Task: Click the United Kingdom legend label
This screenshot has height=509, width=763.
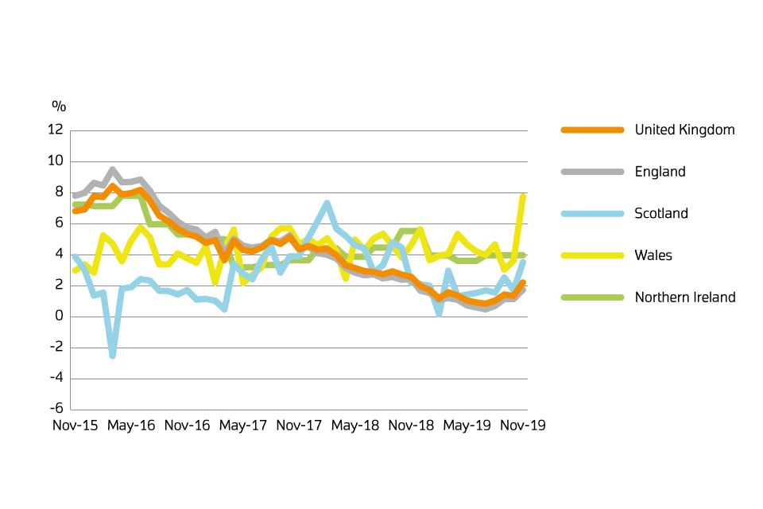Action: [684, 130]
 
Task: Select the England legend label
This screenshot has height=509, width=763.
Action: [660, 172]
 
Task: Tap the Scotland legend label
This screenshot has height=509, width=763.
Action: [661, 214]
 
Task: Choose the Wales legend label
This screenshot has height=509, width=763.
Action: [653, 255]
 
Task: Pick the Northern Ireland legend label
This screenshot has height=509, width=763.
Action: [685, 297]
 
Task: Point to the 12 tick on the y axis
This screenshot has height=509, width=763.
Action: [56, 130]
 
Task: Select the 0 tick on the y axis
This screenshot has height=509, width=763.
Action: [59, 317]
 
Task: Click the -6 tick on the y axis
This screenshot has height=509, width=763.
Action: [56, 410]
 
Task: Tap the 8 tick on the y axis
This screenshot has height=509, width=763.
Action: [59, 192]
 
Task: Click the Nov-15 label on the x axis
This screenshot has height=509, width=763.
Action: [76, 425]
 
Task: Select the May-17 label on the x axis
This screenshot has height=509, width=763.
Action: [244, 425]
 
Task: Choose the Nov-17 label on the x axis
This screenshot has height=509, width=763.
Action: [300, 425]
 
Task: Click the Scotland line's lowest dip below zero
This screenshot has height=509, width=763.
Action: [113, 356]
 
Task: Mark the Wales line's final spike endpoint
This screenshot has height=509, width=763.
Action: [523, 196]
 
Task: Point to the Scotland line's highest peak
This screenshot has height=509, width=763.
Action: [327, 204]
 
